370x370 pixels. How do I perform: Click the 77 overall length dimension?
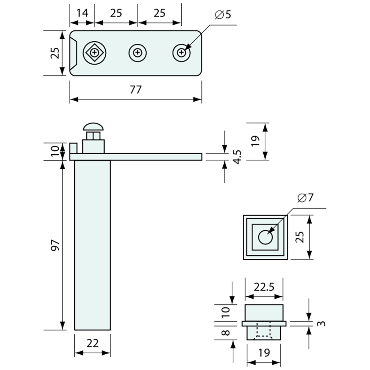[x=136, y=90]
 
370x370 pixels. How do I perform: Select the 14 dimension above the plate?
[x=82, y=13]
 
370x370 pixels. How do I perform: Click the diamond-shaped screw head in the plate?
[x=95, y=53]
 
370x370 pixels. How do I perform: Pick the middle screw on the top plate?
[x=138, y=53]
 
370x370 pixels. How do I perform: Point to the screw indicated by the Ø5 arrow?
[x=182, y=53]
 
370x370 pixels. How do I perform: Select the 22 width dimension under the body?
[x=92, y=343]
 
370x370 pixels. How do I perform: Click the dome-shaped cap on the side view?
[x=93, y=127]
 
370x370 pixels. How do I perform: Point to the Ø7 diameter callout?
[x=305, y=198]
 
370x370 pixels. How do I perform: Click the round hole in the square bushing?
[x=265, y=237]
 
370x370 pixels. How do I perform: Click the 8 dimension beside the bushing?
[x=225, y=333]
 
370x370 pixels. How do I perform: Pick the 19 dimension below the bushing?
[x=264, y=353]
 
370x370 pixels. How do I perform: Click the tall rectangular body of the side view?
[x=92, y=246]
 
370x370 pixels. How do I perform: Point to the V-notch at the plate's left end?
[x=75, y=53]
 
